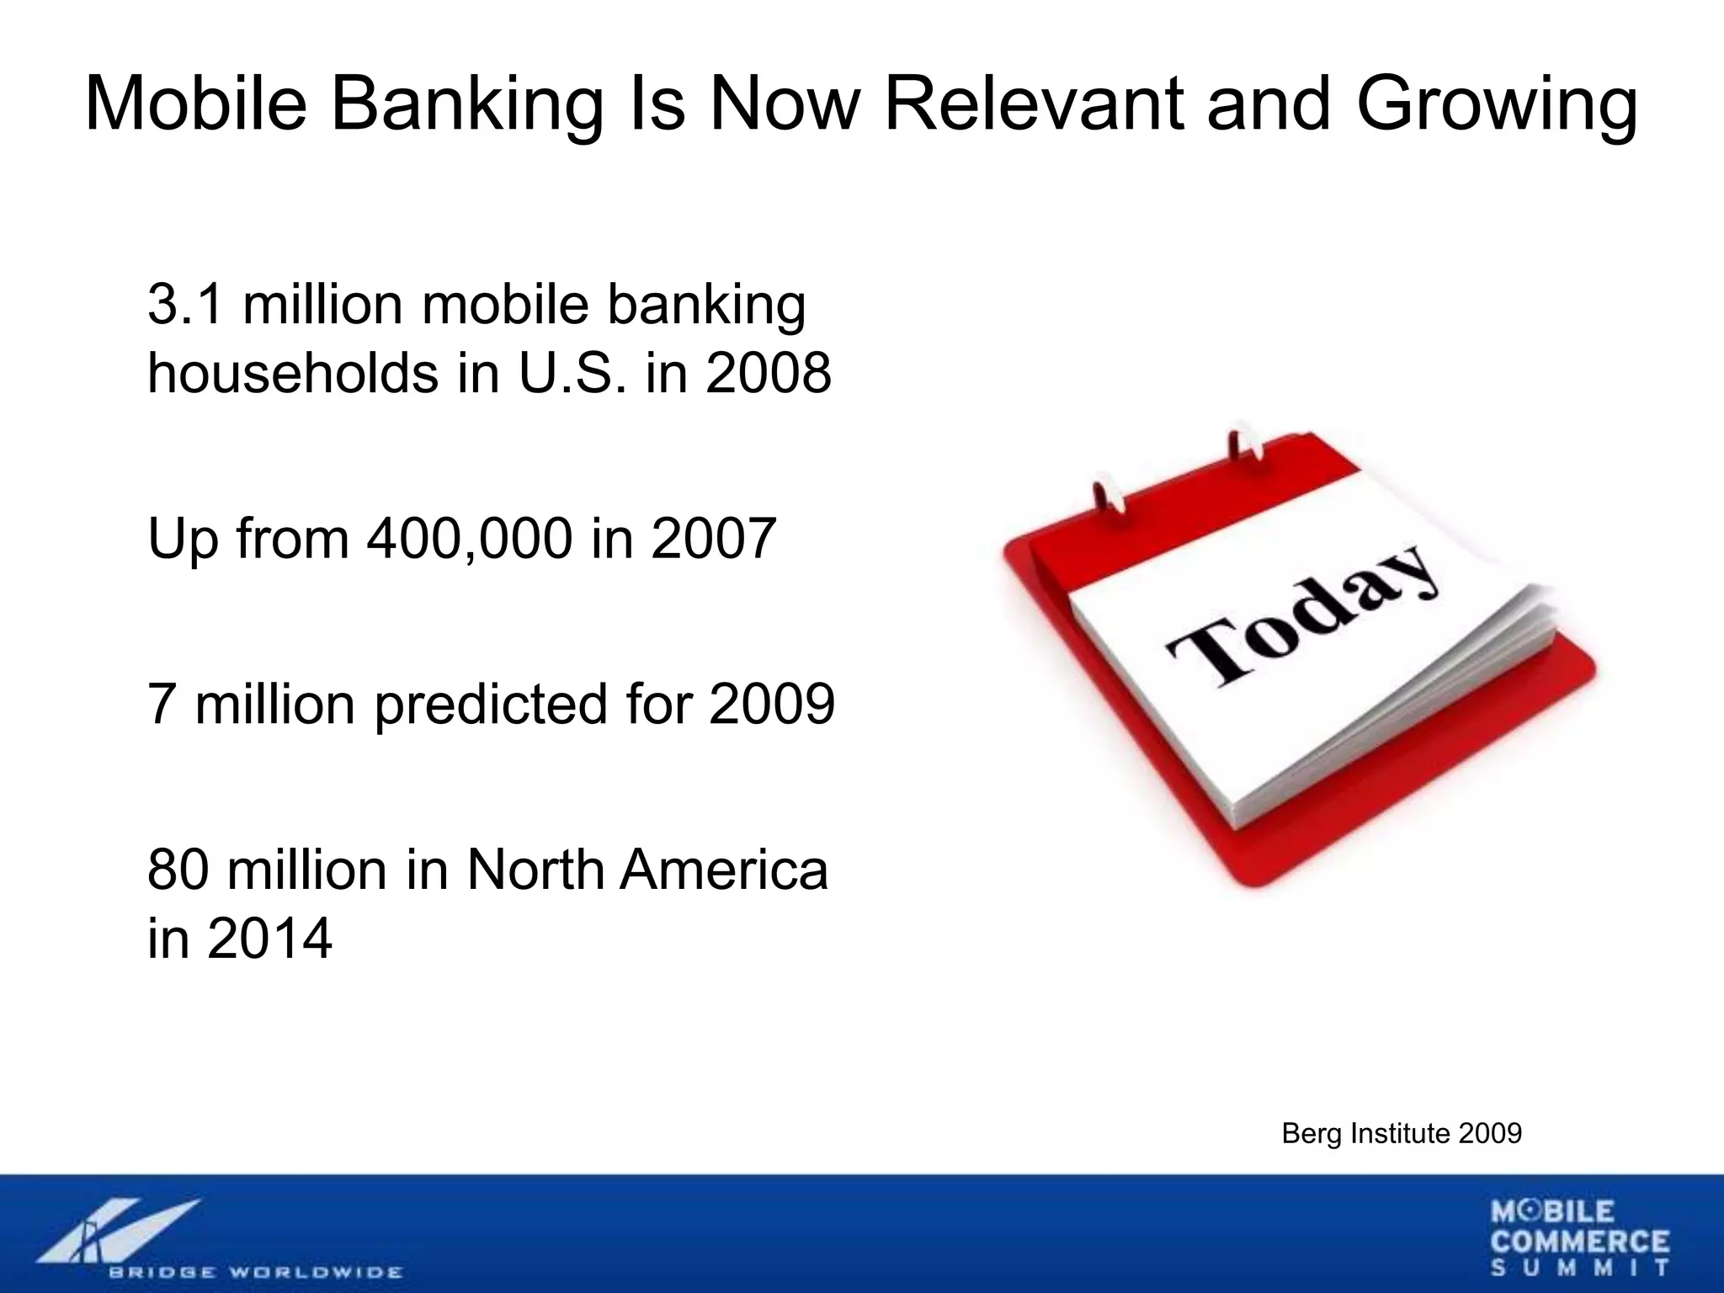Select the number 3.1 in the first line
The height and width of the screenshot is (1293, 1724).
tap(186, 305)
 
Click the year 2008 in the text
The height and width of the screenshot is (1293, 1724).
tap(768, 373)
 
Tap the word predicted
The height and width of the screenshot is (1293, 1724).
tap(490, 704)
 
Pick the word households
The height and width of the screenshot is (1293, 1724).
tap(293, 373)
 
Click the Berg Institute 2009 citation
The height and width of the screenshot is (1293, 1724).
tap(1401, 1134)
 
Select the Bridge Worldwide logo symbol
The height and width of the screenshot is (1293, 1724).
tap(118, 1229)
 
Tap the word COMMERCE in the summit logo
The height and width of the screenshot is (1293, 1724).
tap(1580, 1242)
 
